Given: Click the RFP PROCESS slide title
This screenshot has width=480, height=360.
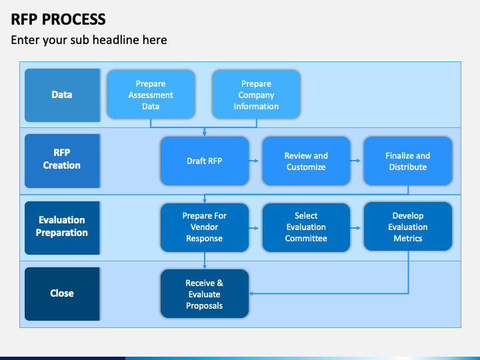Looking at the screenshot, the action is click(x=58, y=19).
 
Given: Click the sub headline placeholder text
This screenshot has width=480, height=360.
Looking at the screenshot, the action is click(x=89, y=40).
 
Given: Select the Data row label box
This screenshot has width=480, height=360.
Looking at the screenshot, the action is click(x=62, y=95).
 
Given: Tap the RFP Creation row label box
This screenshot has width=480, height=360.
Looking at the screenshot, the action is click(x=62, y=161).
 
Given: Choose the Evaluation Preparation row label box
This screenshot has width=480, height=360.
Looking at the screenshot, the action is click(x=62, y=228).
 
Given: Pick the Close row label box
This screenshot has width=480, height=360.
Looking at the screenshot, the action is click(x=62, y=294).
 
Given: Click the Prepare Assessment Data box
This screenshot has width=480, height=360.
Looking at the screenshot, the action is click(x=151, y=95).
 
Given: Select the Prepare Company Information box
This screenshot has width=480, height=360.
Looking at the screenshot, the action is click(x=256, y=95).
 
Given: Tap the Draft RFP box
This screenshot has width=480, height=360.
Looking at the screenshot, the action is click(x=205, y=161).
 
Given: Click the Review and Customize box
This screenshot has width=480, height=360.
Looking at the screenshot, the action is click(x=306, y=161).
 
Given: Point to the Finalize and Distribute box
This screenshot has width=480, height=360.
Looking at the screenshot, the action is click(x=408, y=161).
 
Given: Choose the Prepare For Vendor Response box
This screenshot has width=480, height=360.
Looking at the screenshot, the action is click(x=205, y=227).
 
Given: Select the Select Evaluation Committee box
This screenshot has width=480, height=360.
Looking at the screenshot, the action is click(x=306, y=227).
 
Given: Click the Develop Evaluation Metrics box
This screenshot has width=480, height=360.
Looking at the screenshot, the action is click(x=408, y=227).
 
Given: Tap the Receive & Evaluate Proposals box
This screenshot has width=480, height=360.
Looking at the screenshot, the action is click(x=205, y=294).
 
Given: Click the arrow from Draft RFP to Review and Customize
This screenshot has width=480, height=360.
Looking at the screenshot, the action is click(x=254, y=161).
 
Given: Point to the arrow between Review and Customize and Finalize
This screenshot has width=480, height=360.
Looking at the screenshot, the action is click(x=355, y=161).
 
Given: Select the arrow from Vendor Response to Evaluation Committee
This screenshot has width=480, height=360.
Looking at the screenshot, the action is click(x=254, y=228).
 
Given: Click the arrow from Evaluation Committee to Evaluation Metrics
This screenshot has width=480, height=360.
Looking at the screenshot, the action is click(x=355, y=228).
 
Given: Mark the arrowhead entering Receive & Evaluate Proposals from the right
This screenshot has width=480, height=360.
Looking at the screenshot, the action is click(x=251, y=293).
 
